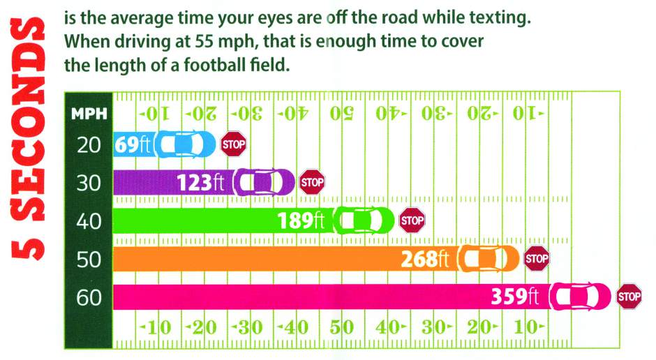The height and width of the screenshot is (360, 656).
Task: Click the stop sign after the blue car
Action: tap(234, 144)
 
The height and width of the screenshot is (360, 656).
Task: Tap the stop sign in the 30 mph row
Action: tap(312, 182)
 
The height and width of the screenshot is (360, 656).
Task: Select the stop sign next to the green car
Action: tap(412, 220)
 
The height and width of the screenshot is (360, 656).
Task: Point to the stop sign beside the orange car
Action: tap(537, 258)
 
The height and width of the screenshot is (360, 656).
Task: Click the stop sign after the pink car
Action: tap(629, 297)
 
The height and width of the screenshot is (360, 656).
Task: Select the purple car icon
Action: tap(264, 182)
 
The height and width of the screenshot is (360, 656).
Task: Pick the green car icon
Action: tap(364, 220)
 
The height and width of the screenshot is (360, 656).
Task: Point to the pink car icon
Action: tap(580, 297)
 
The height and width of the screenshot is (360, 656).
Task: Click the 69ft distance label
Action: tap(132, 144)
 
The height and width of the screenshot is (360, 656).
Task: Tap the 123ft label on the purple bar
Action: tap(200, 183)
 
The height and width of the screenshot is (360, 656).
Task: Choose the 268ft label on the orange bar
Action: tap(425, 259)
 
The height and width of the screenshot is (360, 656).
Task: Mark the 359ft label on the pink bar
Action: tap(515, 297)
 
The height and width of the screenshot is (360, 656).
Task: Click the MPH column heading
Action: tap(89, 114)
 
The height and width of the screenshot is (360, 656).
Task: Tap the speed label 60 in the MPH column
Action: tap(89, 298)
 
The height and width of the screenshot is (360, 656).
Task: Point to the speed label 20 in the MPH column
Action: tap(89, 145)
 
